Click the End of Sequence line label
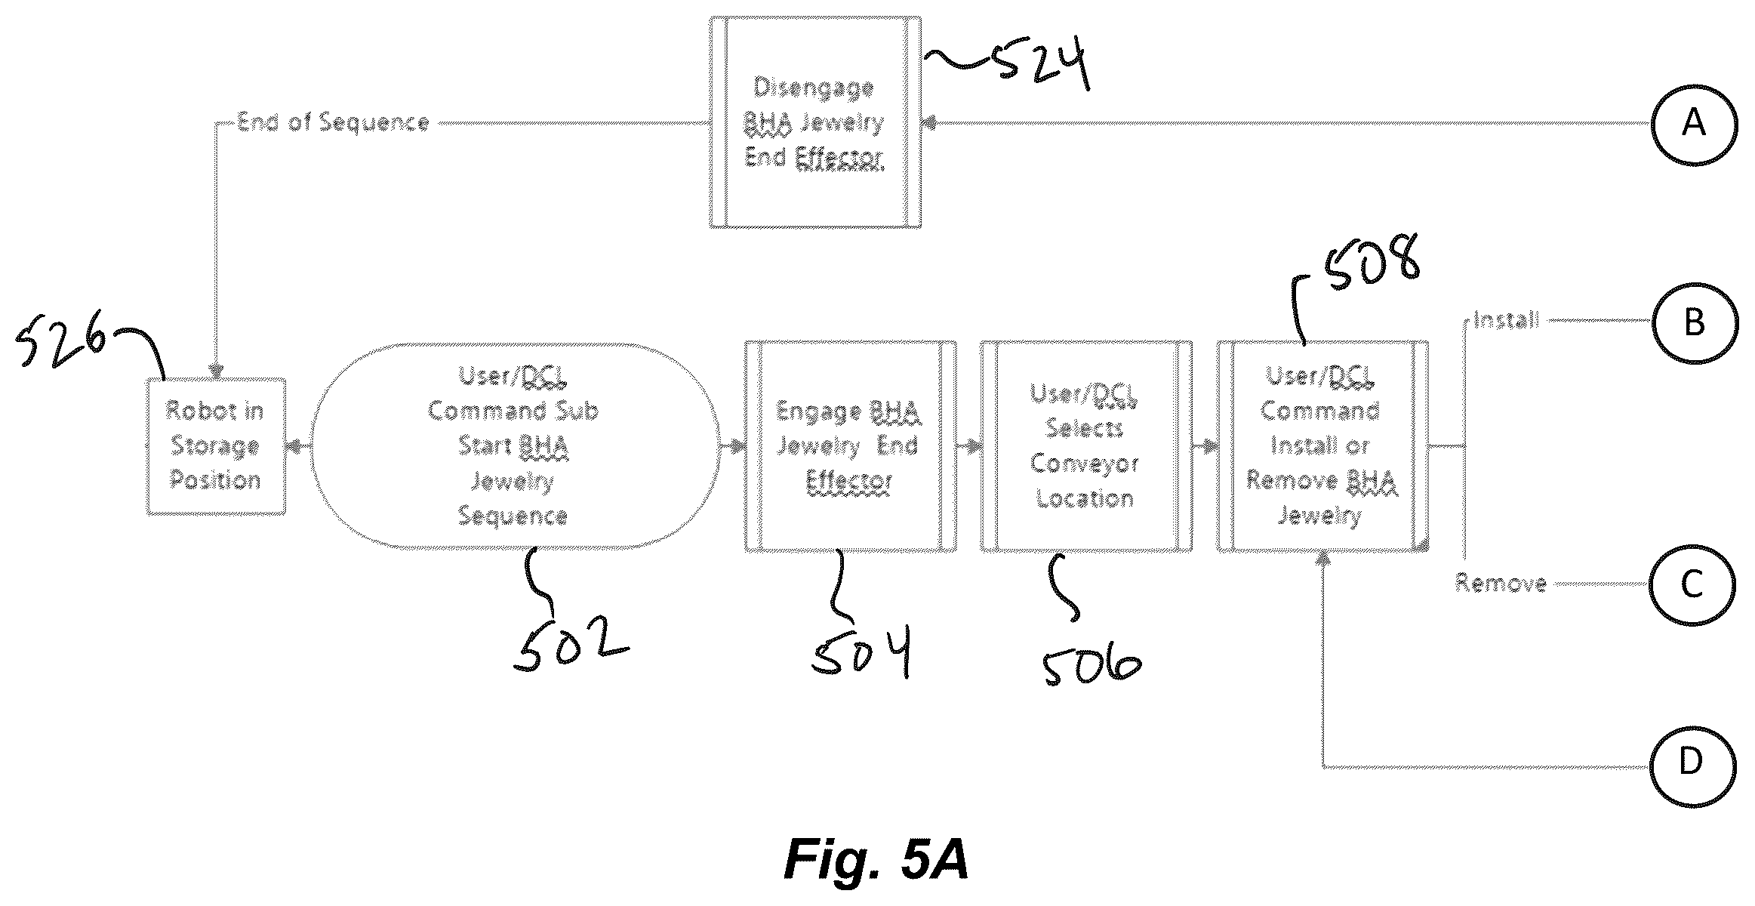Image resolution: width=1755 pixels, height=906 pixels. click(x=333, y=122)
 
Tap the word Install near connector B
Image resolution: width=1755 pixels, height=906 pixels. click(x=1507, y=321)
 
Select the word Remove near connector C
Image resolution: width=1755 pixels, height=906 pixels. click(x=1501, y=583)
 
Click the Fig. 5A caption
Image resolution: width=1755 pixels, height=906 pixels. click(x=876, y=858)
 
